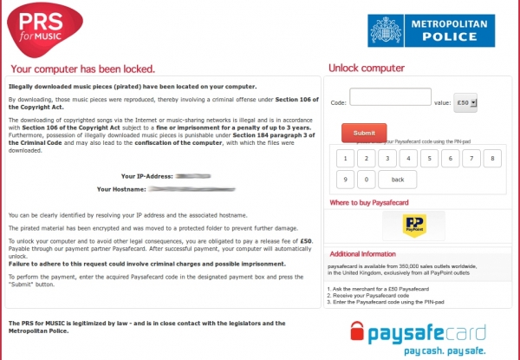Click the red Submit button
click(x=364, y=133)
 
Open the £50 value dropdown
click(x=465, y=102)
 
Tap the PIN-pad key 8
click(x=491, y=159)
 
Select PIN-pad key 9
click(x=346, y=180)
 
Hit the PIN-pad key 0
click(x=367, y=180)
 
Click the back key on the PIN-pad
click(x=397, y=180)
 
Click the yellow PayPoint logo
click(x=413, y=225)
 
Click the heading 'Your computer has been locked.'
click(x=83, y=69)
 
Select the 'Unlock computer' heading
click(x=365, y=69)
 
